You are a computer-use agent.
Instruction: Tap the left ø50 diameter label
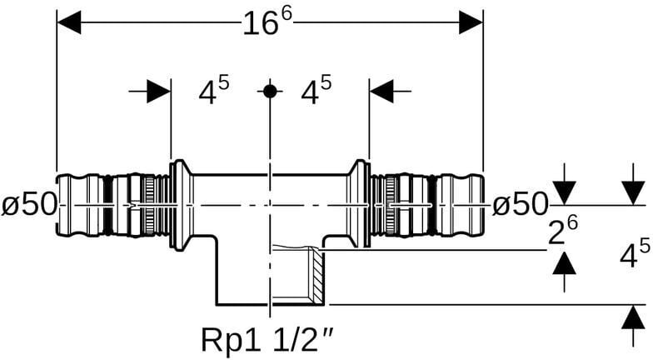(x=29, y=205)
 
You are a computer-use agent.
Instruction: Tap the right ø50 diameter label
(x=520, y=205)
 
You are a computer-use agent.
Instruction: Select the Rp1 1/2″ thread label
(x=267, y=340)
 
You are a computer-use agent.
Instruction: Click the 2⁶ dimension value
(x=563, y=232)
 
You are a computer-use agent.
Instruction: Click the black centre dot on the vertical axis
(x=270, y=91)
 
